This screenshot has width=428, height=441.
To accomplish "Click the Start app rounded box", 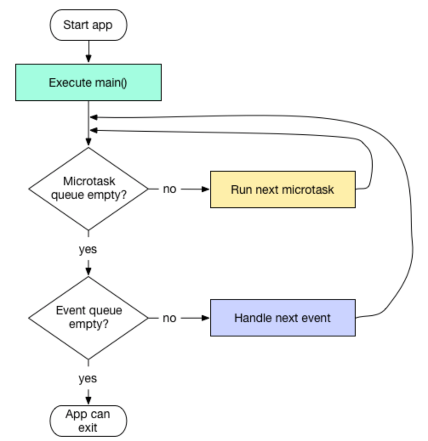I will tap(88, 25).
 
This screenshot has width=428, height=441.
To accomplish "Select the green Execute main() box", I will tap(88, 82).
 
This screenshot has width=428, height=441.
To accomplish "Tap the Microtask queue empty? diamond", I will tap(88, 189).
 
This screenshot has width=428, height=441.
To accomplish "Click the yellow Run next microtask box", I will tap(282, 189).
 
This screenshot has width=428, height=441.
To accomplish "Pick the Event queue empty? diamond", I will tap(88, 317).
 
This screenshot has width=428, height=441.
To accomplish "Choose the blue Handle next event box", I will tap(282, 318).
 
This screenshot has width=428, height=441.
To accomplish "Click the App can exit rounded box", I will tap(88, 421).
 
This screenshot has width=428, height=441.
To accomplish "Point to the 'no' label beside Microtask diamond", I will tap(169, 189).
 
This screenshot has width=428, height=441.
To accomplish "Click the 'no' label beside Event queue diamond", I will tap(169, 318).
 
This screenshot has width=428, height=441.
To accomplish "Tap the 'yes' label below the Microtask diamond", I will tap(88, 249).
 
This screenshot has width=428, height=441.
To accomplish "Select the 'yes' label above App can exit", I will tap(88, 378).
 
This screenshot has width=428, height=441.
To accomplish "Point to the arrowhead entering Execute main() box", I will tap(88, 60).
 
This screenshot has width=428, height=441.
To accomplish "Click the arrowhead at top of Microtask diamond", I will tap(88, 143).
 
